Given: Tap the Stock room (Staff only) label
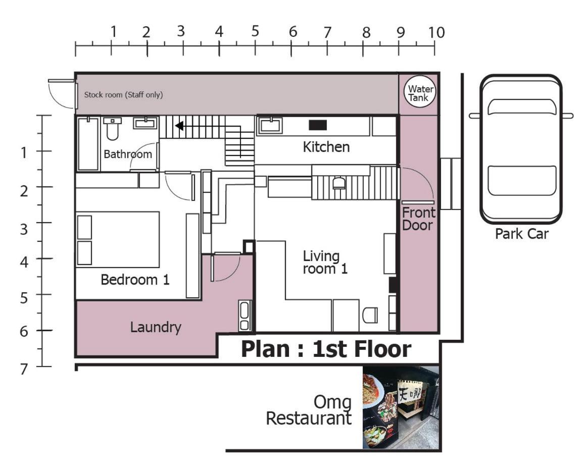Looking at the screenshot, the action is [x=123, y=95].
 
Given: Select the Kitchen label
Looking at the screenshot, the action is [x=326, y=147].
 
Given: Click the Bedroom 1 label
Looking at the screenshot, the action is [x=135, y=280].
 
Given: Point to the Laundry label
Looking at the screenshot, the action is [x=156, y=327].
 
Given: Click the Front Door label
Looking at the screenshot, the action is [x=418, y=219].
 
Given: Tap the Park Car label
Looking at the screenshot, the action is [x=522, y=234].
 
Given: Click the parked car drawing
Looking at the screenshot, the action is [x=521, y=149].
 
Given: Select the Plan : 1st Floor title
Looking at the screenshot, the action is [x=326, y=349].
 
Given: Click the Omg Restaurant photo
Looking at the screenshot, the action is [x=401, y=407].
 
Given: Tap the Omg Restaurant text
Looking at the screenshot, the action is [x=309, y=410].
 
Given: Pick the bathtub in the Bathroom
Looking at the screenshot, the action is [x=88, y=144].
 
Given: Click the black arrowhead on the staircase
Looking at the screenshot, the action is [x=179, y=126].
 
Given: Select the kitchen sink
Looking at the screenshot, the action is [x=270, y=125].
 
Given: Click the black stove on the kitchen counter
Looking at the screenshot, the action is [x=318, y=125].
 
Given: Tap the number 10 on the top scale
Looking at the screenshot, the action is [x=436, y=33].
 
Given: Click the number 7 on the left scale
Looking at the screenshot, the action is [x=24, y=369].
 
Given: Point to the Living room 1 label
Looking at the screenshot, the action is [x=325, y=263].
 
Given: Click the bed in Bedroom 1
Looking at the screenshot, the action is [x=118, y=239].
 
